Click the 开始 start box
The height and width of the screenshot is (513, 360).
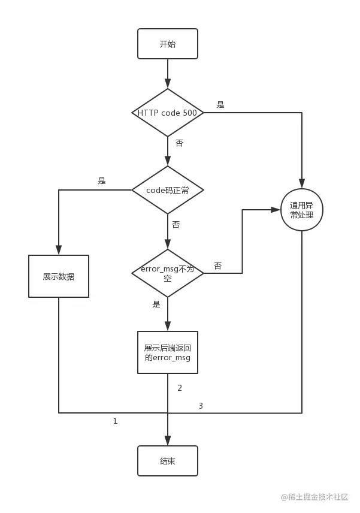(167, 44)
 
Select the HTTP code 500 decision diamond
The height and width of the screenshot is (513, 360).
(167, 113)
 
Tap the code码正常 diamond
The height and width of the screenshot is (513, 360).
(167, 190)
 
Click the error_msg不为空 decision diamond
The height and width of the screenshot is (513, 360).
(167, 273)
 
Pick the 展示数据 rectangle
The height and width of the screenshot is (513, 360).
(59, 276)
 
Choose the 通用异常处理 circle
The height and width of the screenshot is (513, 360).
(302, 210)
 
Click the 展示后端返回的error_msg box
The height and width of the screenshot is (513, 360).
(167, 352)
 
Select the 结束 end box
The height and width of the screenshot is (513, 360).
(167, 461)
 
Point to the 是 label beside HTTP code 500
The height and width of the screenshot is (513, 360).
(220, 105)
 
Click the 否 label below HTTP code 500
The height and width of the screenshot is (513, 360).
(180, 143)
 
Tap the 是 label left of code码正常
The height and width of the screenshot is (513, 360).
(102, 180)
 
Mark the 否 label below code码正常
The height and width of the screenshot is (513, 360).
(176, 224)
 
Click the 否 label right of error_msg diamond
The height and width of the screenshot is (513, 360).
(218, 265)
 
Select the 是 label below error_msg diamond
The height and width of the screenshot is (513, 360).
(156, 304)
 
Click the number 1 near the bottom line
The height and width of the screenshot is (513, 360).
(115, 421)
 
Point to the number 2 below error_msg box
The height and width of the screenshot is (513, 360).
(180, 388)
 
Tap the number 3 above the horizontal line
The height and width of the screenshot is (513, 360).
(201, 406)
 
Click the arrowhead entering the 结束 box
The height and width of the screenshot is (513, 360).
(167, 440)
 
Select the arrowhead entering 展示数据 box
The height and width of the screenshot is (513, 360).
(59, 250)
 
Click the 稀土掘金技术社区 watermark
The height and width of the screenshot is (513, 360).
(314, 497)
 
